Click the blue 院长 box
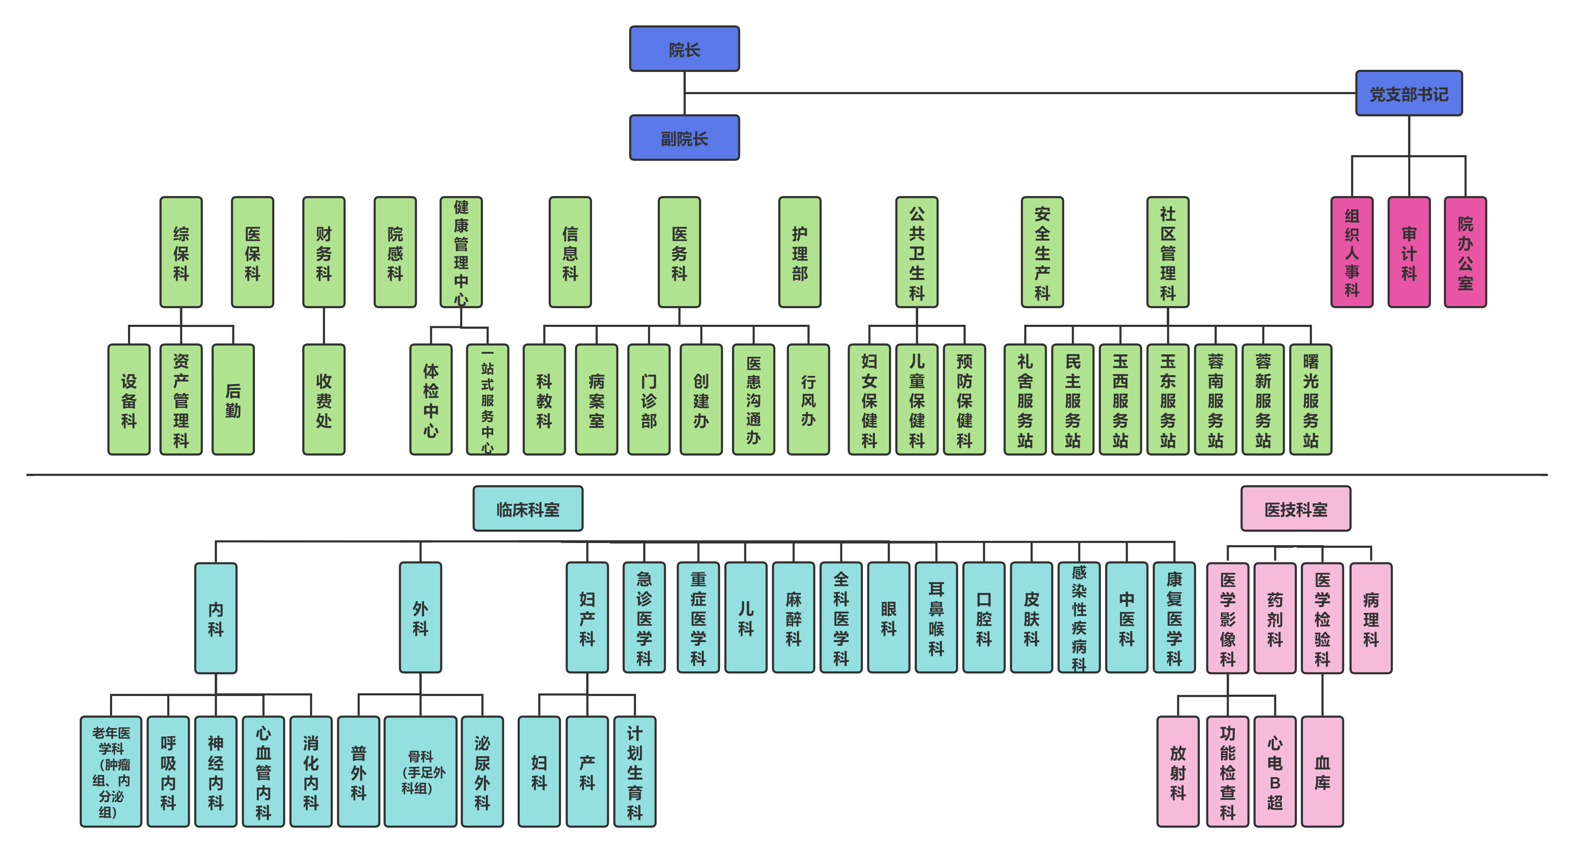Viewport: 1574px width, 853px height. tap(684, 49)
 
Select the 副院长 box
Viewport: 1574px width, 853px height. tap(684, 138)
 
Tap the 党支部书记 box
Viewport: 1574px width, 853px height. tap(1408, 93)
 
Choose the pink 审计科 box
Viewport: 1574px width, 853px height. tap(1408, 252)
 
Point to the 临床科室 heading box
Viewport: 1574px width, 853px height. tap(528, 508)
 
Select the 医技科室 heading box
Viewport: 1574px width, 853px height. tap(1295, 508)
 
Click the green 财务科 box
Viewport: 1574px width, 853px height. tap(324, 252)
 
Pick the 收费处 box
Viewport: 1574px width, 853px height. tap(324, 400)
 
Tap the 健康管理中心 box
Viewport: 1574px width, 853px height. tap(461, 252)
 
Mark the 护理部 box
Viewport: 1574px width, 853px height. tap(800, 252)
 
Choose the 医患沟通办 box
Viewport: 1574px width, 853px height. tap(754, 400)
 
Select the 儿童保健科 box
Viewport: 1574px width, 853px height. tap(916, 400)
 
